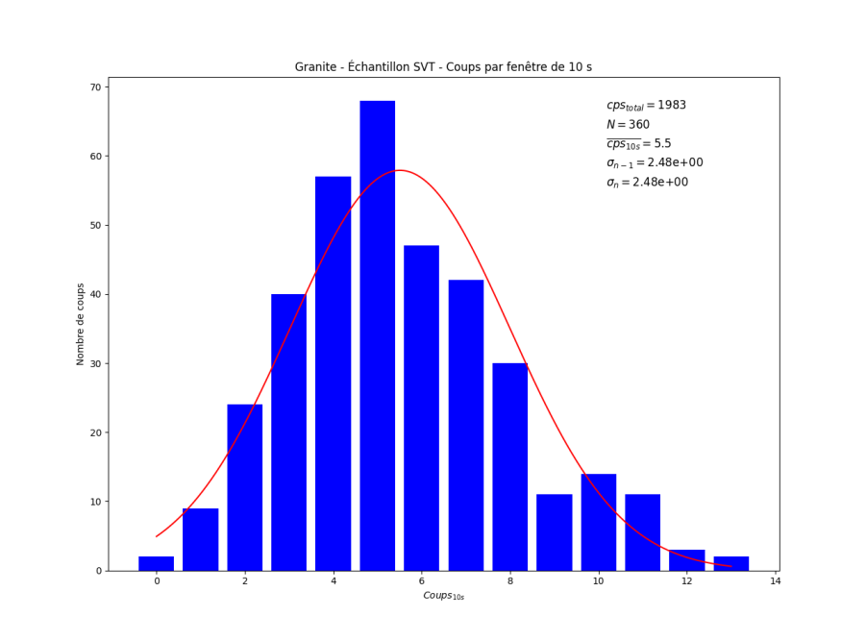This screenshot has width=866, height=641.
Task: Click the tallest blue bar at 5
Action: (377, 335)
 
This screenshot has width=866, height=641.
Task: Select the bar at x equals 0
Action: (156, 563)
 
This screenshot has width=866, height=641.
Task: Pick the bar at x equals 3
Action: (288, 432)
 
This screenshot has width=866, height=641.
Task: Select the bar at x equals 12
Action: (686, 560)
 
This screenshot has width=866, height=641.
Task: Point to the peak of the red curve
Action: (400, 170)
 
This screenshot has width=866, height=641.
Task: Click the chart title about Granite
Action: (443, 67)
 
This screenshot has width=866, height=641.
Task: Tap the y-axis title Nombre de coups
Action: (81, 324)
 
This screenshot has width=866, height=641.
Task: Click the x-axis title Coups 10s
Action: (443, 597)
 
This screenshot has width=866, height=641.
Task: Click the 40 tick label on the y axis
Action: (95, 294)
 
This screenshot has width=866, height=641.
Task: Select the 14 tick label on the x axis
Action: (775, 581)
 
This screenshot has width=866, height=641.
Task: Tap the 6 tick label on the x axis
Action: (422, 581)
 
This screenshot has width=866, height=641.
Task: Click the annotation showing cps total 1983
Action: (646, 106)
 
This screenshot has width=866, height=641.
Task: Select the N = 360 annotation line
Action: (628, 125)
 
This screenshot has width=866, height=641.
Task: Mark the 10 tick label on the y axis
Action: (95, 502)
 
